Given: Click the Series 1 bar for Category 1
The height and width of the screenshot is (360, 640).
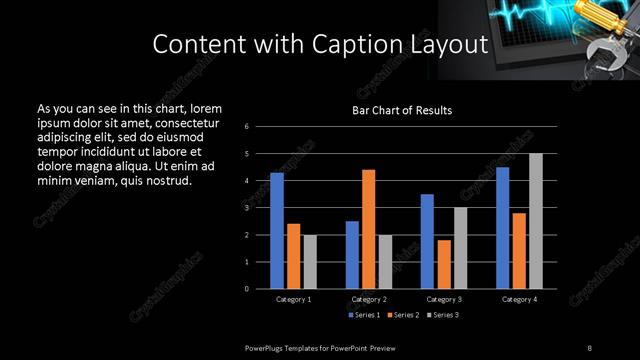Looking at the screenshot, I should pyautogui.click(x=277, y=230).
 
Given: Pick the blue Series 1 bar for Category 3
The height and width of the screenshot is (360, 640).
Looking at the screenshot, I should pyautogui.click(x=427, y=241).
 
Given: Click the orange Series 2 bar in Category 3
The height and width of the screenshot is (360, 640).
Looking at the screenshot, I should pyautogui.click(x=444, y=264).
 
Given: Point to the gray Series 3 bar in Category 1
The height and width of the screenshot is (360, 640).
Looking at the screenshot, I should pyautogui.click(x=310, y=261).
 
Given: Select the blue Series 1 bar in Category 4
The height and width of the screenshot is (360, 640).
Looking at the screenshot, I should pyautogui.click(x=503, y=227).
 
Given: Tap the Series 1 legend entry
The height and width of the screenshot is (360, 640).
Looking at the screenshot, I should pyautogui.click(x=364, y=316).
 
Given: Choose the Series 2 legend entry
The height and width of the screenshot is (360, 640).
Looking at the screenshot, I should pyautogui.click(x=404, y=316).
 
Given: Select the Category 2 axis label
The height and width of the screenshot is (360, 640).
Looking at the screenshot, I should pyautogui.click(x=369, y=299).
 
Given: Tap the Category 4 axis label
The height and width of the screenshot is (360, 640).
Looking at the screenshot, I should pyautogui.click(x=519, y=299).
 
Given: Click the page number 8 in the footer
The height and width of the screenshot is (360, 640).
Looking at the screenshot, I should pyautogui.click(x=589, y=347).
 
